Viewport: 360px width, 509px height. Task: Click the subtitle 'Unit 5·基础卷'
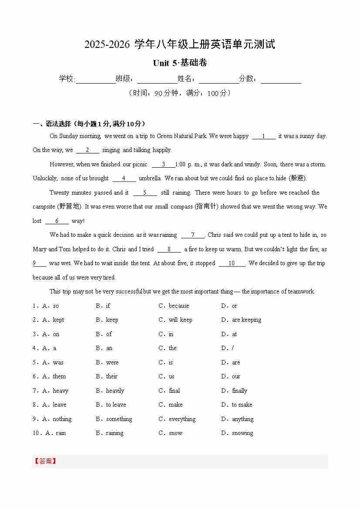(x=180, y=63)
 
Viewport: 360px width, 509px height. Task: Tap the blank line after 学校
(x=95, y=80)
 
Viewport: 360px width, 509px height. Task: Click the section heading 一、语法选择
(x=89, y=124)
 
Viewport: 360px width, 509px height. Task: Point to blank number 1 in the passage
(x=263, y=136)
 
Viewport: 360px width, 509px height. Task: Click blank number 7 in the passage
(x=192, y=235)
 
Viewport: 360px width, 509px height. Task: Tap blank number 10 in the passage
(x=232, y=263)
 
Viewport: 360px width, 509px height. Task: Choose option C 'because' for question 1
(x=178, y=306)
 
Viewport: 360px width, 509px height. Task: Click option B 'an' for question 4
(x=109, y=348)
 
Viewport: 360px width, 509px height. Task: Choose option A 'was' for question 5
(x=58, y=362)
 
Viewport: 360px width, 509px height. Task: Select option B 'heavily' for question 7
(x=115, y=391)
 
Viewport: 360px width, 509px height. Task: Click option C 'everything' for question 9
(x=182, y=419)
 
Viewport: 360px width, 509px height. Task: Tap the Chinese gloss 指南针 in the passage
(x=206, y=207)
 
